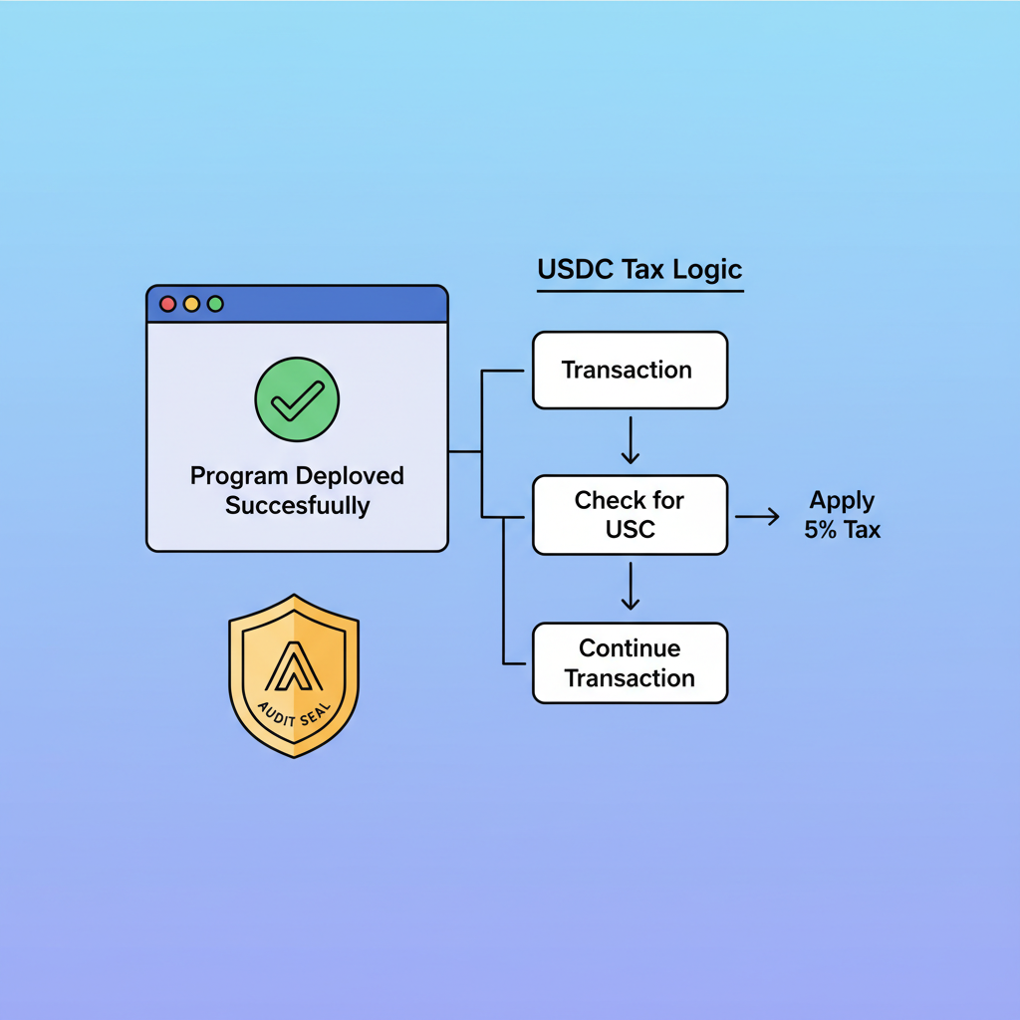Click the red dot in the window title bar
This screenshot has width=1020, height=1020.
click(x=167, y=304)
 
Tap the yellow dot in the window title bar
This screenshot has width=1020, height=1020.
click(x=191, y=304)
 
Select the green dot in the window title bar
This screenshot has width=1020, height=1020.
click(x=215, y=304)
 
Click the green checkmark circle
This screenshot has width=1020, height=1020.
click(x=297, y=399)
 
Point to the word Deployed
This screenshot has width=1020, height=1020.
click(x=350, y=475)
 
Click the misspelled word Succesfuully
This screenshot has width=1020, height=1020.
click(x=297, y=505)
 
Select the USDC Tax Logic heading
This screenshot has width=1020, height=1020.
click(x=639, y=270)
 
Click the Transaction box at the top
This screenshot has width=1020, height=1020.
click(x=630, y=370)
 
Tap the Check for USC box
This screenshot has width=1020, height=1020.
click(x=630, y=514)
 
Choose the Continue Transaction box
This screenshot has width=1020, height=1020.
click(x=630, y=662)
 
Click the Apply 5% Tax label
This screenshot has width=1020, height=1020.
click(x=843, y=514)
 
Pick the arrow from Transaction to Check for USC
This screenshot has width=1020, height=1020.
click(x=630, y=441)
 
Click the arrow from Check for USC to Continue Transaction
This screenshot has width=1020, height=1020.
click(x=630, y=588)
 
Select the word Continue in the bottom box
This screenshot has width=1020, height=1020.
click(x=630, y=648)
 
